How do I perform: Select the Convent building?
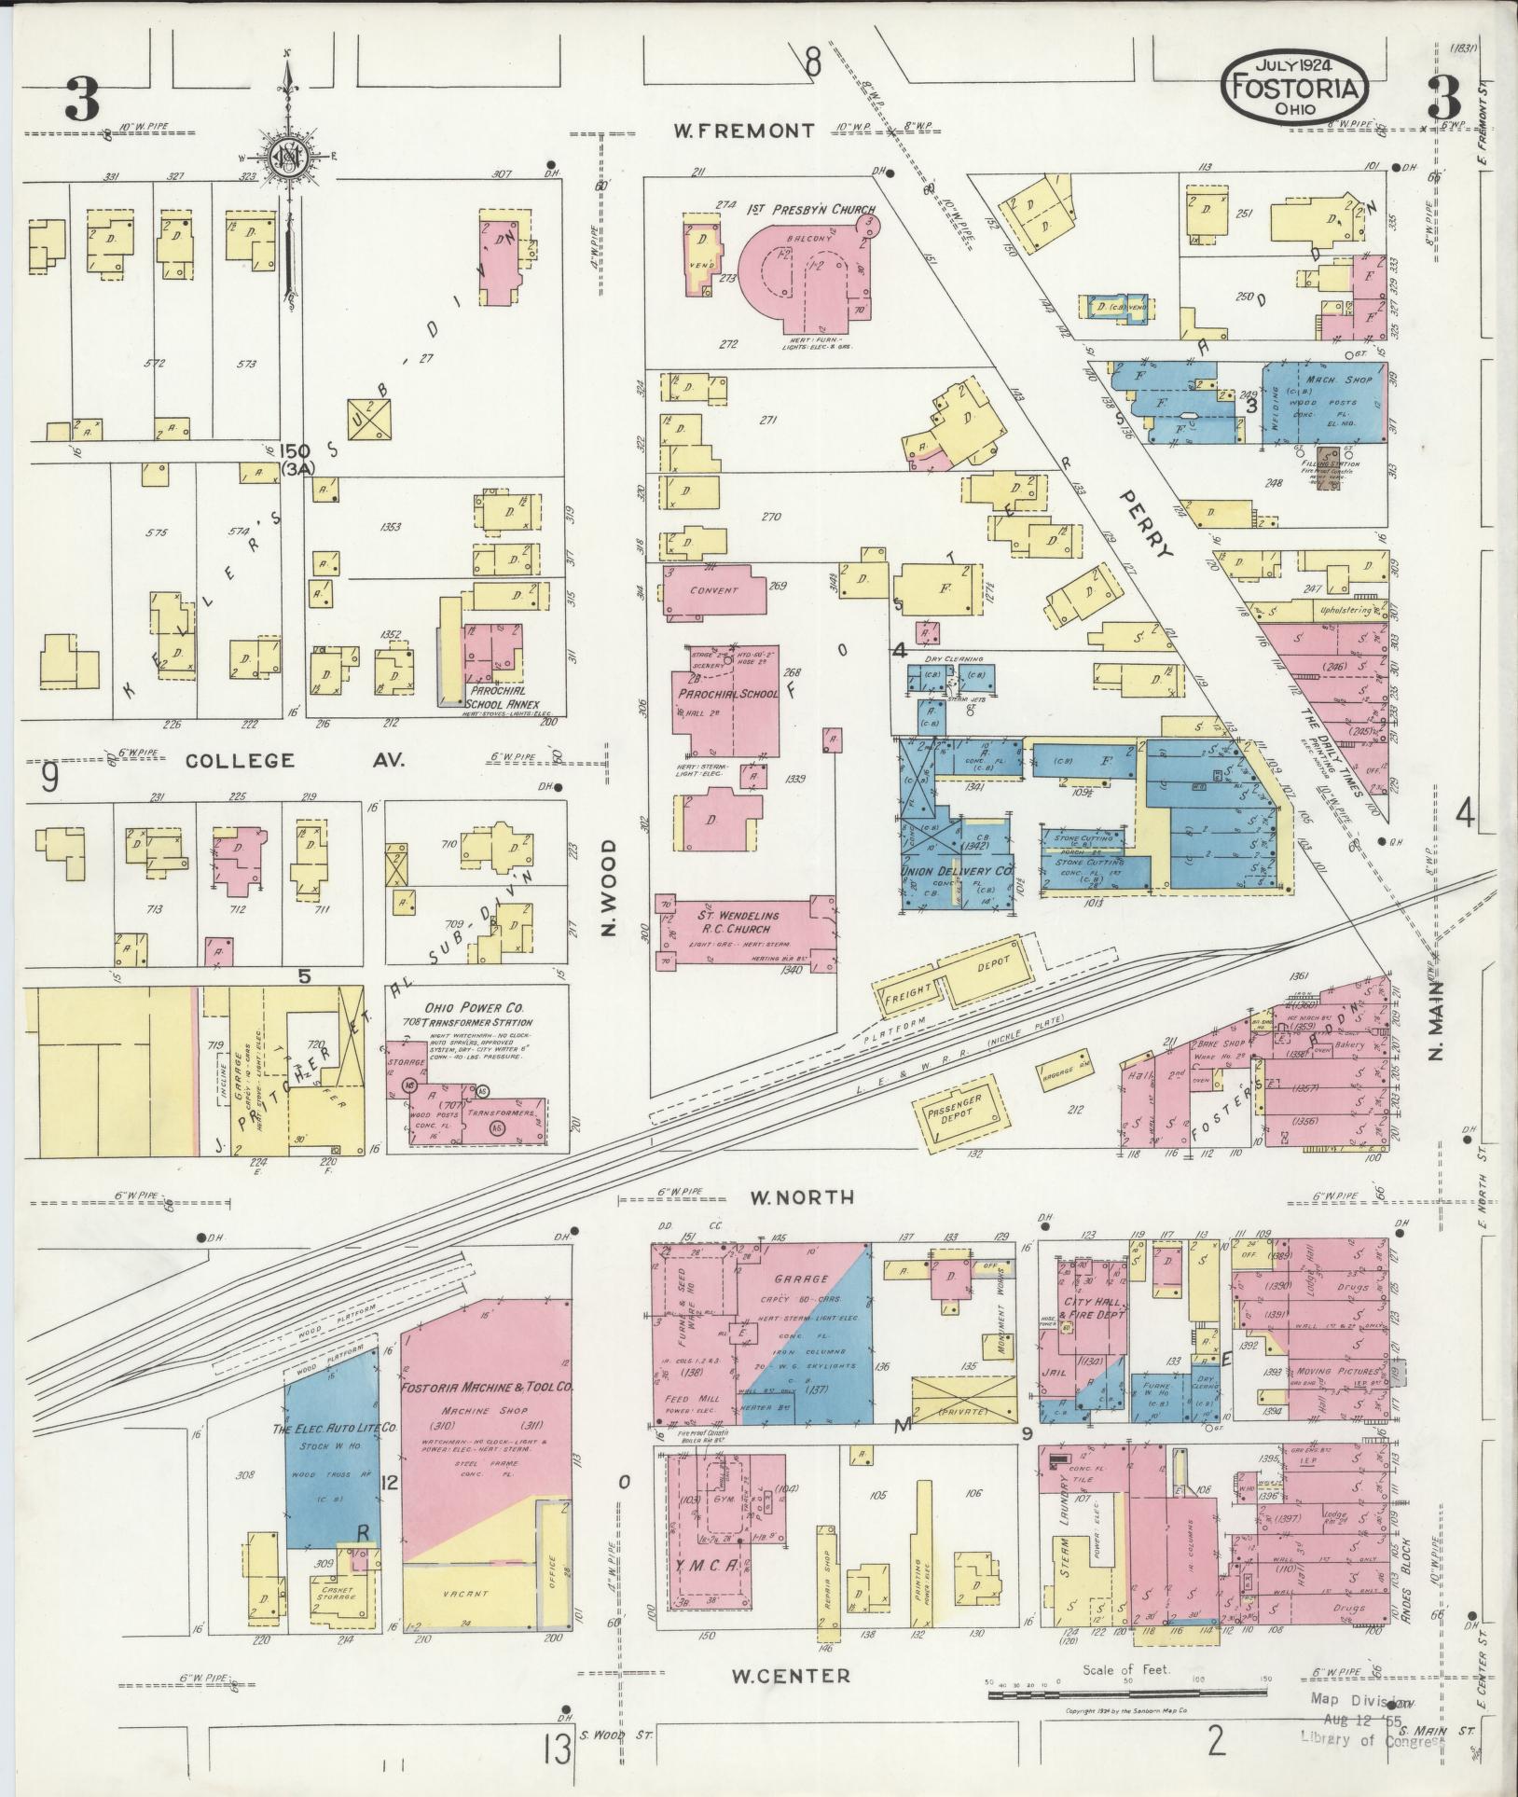click(x=714, y=590)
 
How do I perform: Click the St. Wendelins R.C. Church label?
click(x=736, y=922)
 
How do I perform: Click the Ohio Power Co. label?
click(x=474, y=1008)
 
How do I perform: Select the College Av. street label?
click(x=294, y=761)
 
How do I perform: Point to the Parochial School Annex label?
click(x=504, y=705)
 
